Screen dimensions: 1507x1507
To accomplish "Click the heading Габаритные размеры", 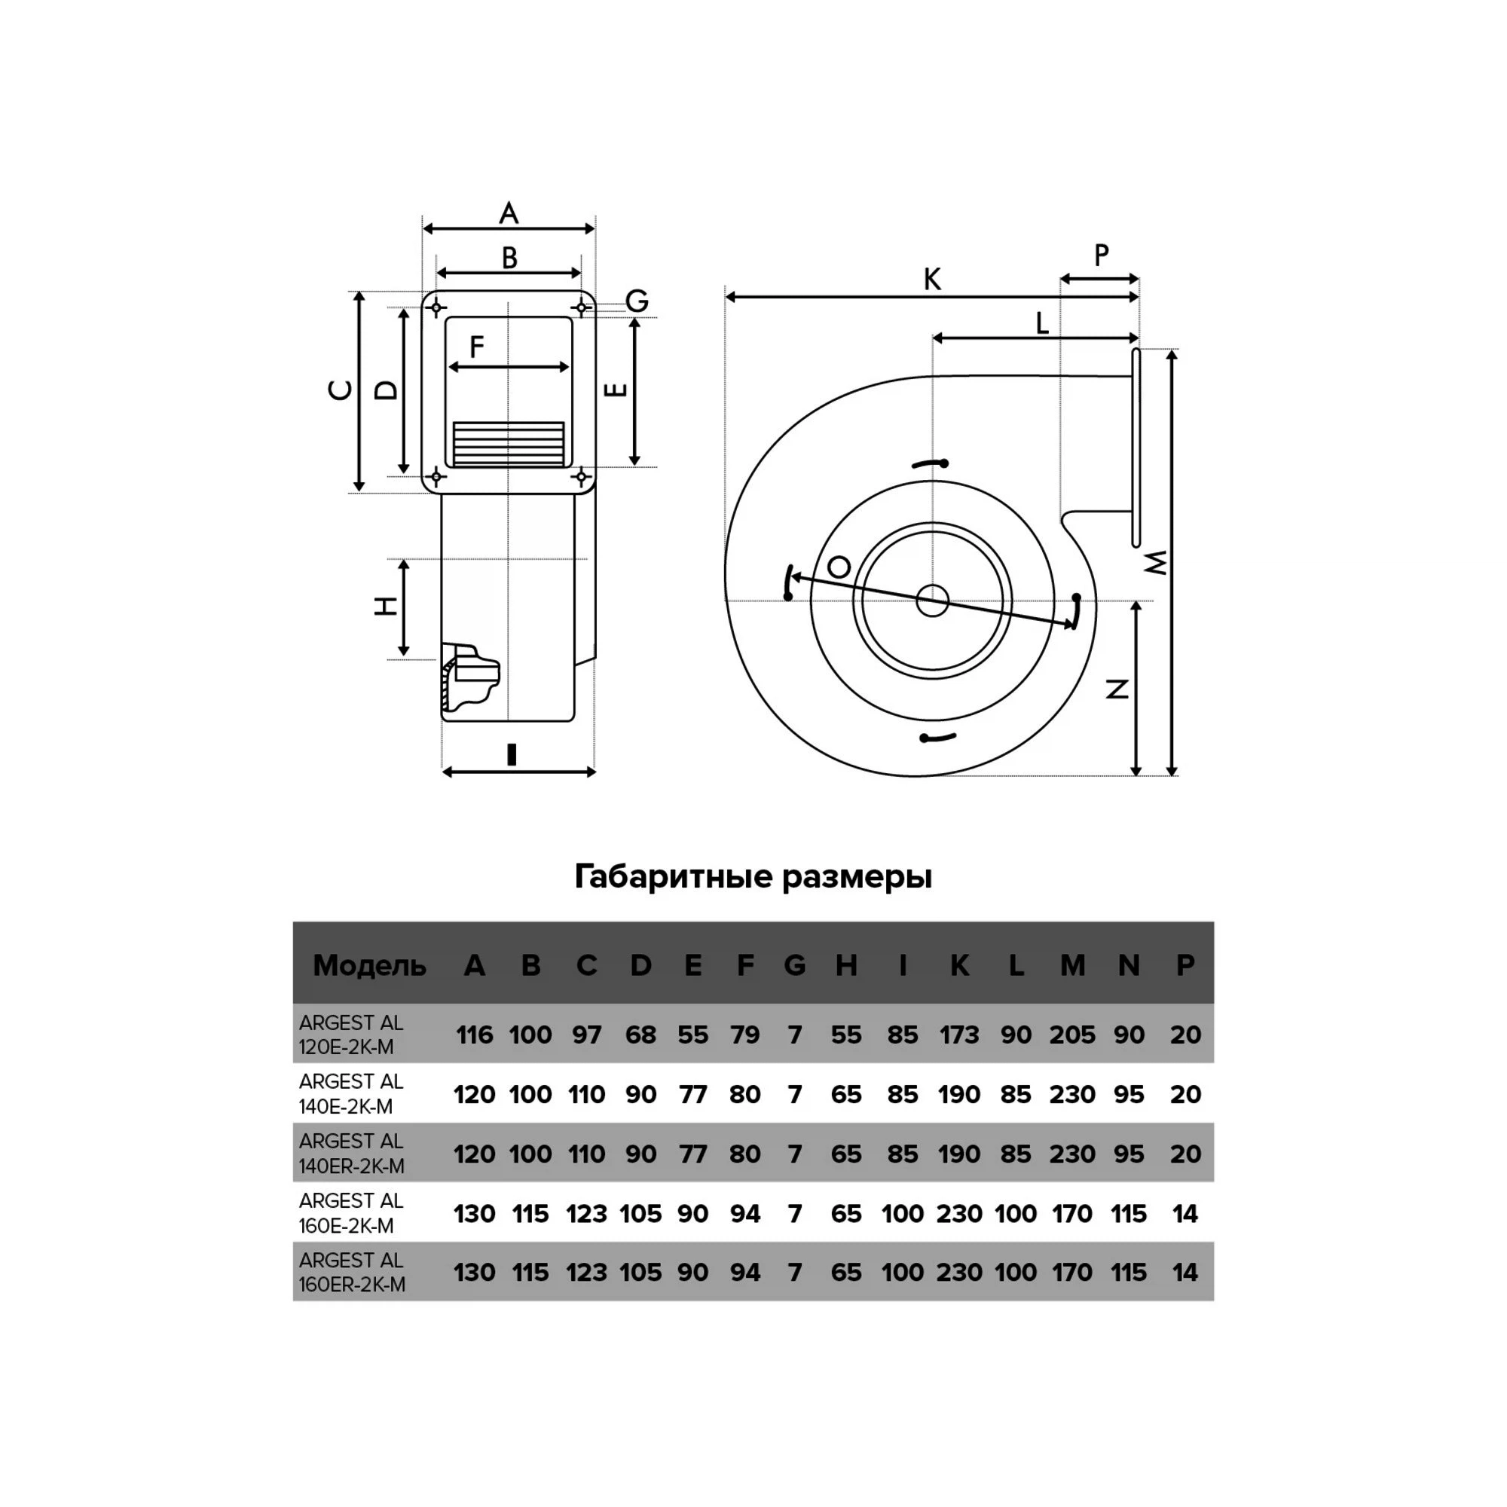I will (753, 877).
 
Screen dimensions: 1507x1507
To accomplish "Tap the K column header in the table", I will (959, 966).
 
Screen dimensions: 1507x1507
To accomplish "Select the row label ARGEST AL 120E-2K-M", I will (351, 1035).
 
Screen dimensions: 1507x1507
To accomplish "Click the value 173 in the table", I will (958, 1035).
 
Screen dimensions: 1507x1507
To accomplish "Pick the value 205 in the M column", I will (1071, 1035).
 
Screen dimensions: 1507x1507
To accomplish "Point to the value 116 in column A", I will (474, 1035).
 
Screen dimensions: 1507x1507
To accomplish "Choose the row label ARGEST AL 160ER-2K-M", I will (352, 1272).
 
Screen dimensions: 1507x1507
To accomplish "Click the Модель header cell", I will (369, 966).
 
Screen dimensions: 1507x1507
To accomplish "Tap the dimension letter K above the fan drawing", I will (931, 280).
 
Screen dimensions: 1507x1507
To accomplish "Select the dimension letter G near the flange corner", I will (637, 301).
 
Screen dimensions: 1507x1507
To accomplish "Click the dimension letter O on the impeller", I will (839, 567).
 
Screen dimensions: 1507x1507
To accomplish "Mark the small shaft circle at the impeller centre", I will (932, 601).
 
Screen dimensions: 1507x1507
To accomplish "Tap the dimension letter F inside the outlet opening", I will (477, 347).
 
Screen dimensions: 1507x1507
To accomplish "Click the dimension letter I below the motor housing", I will (511, 754).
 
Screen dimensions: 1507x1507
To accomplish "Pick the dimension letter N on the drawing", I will (1117, 689).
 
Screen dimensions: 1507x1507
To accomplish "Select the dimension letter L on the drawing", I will (1042, 322).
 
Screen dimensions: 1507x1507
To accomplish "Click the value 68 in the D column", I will (640, 1035).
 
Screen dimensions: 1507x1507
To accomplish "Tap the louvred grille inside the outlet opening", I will (509, 445).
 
